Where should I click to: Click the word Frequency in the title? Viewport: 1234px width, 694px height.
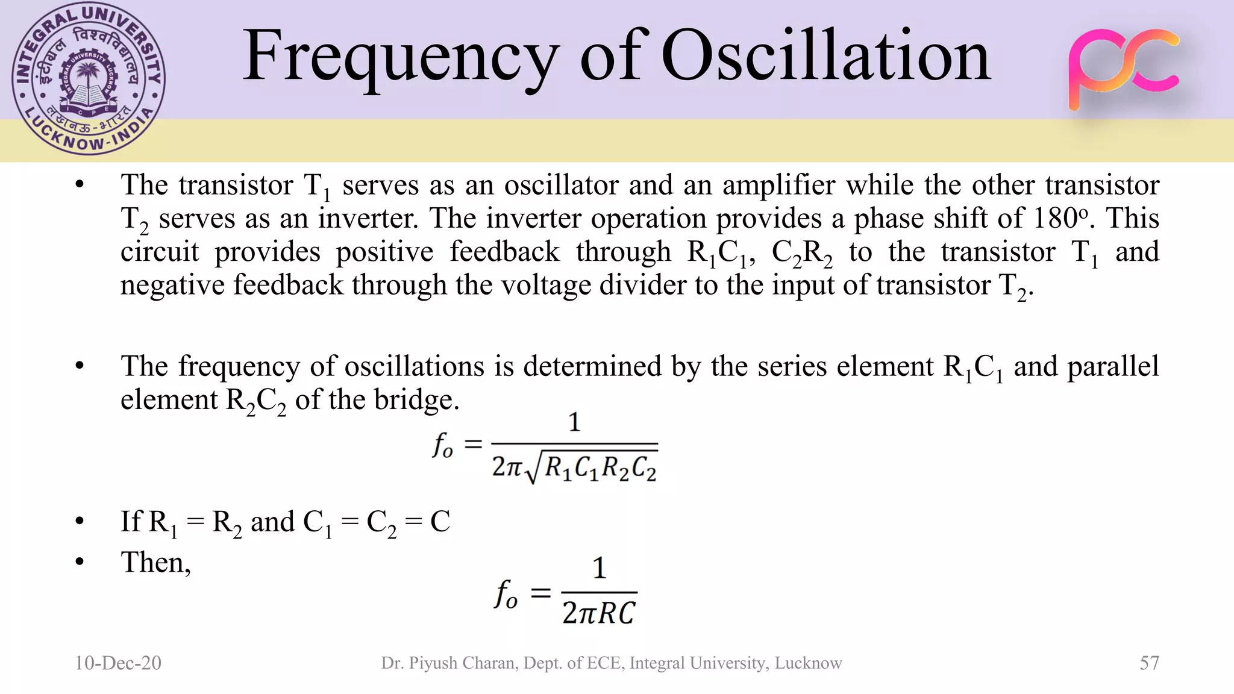pos(400,57)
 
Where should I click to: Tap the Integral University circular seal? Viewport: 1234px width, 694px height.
pos(89,79)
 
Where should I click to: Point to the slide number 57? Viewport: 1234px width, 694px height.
pos(1149,663)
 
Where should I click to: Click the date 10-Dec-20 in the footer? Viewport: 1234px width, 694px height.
pos(118,663)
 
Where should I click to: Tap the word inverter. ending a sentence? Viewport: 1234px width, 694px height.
pos(368,218)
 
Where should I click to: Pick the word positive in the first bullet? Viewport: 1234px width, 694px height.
pos(384,252)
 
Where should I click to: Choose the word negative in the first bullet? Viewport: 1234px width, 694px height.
pos(172,285)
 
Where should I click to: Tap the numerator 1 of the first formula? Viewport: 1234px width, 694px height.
pos(574,422)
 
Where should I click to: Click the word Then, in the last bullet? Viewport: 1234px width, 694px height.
pos(156,563)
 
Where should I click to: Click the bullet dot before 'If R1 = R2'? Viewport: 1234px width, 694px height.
pos(80,522)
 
